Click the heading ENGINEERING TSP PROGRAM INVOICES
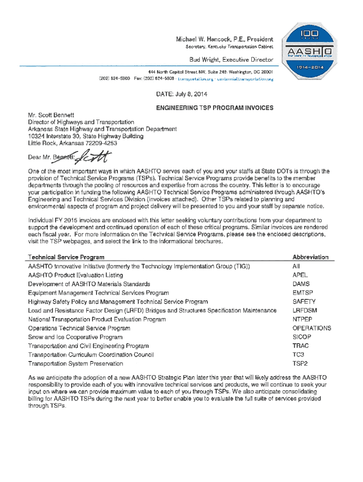(x=214, y=108)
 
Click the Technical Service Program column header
(x=66, y=257)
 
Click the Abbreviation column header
(x=310, y=257)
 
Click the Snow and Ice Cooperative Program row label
(x=75, y=337)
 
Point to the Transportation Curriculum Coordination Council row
(x=91, y=355)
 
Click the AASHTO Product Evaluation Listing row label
(x=75, y=275)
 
